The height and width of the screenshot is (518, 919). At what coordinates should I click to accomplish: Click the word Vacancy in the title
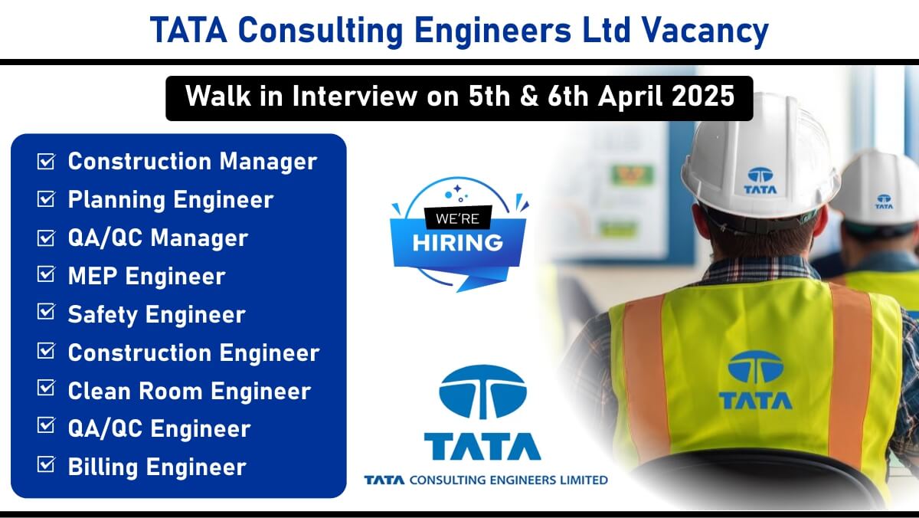705,31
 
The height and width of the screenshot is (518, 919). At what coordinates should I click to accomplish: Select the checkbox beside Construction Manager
46,161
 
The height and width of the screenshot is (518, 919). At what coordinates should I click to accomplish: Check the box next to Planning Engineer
46,199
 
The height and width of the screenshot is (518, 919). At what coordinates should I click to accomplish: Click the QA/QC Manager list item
158,238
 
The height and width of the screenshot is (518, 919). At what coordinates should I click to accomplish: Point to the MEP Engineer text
146,276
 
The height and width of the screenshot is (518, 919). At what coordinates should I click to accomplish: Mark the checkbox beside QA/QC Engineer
46,425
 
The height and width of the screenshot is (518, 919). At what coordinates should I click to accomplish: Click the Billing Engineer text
157,467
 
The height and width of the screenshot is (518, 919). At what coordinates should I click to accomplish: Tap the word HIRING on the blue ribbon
457,243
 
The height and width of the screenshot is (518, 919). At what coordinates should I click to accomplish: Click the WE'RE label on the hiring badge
457,219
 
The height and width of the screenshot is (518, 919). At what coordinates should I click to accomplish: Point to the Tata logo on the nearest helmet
760,181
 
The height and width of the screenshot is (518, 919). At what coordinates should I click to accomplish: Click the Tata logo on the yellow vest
755,379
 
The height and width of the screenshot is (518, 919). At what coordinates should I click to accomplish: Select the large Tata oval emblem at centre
483,392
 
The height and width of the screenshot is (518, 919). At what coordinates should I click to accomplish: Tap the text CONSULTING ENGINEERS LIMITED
509,480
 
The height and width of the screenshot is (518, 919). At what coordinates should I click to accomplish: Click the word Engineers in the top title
492,31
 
